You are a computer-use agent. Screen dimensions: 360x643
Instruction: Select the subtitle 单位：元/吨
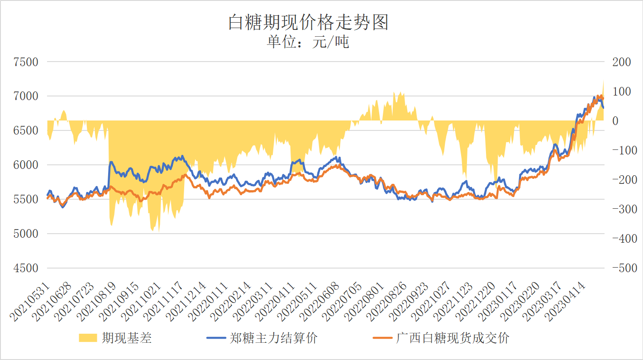[308, 43]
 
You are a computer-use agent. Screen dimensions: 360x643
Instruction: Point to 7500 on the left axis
[26, 62]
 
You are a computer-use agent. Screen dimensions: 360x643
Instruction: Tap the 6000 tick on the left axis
[26, 165]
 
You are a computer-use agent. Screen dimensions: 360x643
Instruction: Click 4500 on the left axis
[26, 268]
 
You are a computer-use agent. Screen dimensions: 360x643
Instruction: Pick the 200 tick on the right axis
[621, 62]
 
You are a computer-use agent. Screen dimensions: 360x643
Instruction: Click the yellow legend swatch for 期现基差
[88, 338]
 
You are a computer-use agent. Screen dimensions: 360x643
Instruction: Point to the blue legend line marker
[217, 338]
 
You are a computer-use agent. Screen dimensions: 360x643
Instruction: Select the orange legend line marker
[382, 338]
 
